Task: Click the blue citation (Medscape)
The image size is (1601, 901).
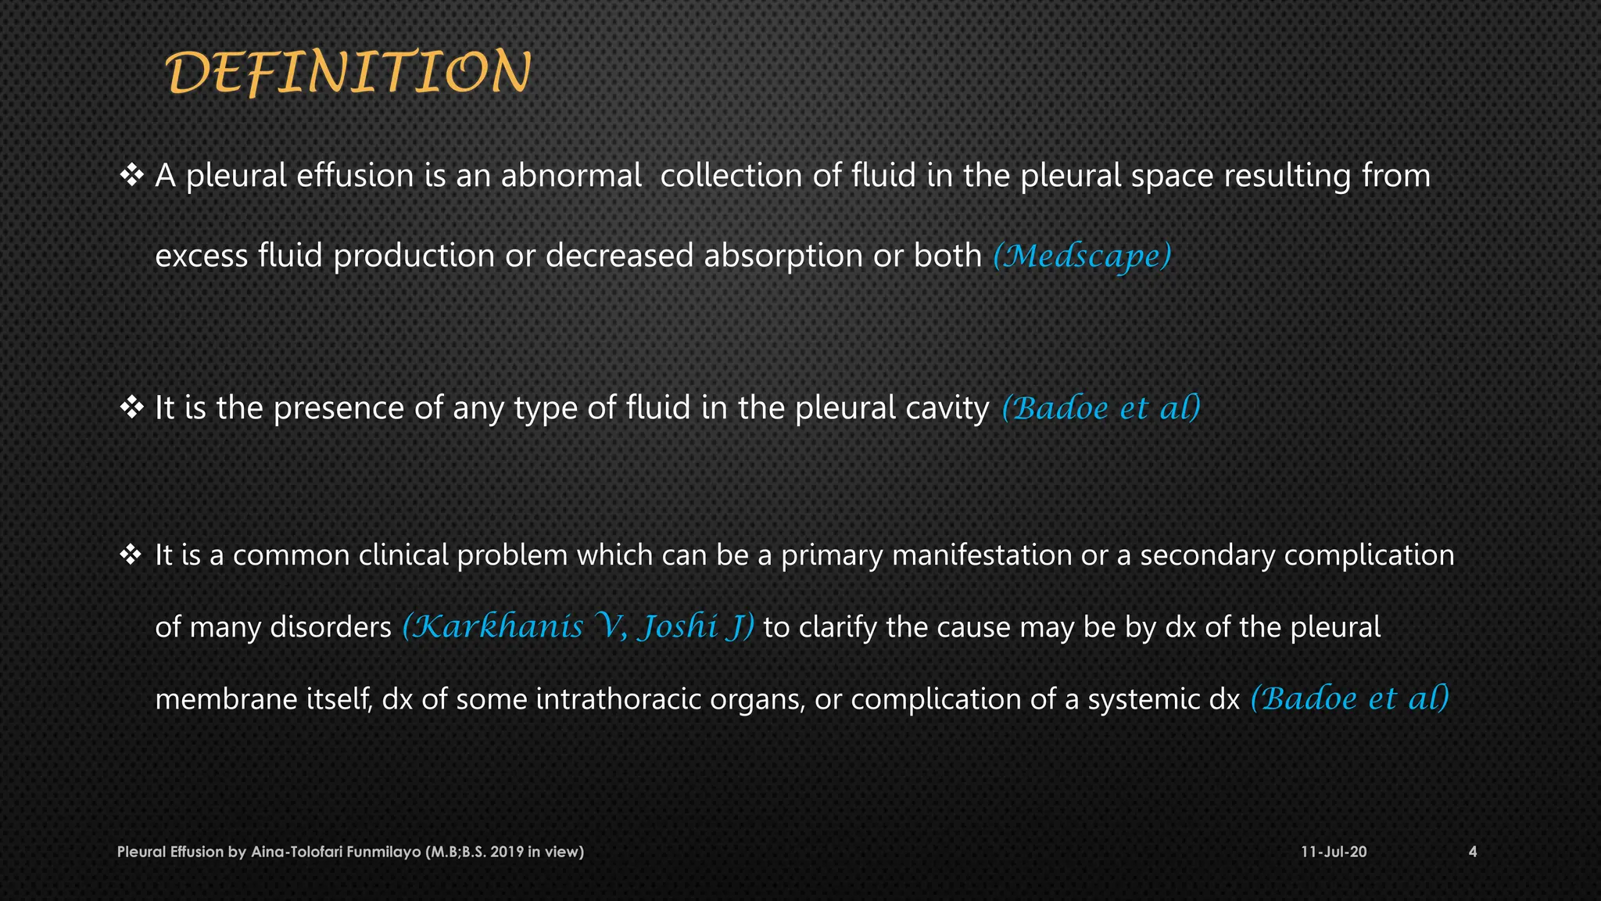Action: tap(1082, 256)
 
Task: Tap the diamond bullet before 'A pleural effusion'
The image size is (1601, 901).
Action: tap(131, 174)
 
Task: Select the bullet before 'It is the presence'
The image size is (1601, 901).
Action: tap(131, 407)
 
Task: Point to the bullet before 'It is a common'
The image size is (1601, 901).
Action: tap(131, 555)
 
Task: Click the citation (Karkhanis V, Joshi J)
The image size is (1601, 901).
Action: tap(578, 626)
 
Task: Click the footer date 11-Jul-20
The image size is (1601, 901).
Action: tap(1334, 852)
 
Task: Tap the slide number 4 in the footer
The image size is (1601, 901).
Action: tap(1473, 852)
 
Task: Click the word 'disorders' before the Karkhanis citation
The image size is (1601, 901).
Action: tap(330, 626)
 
